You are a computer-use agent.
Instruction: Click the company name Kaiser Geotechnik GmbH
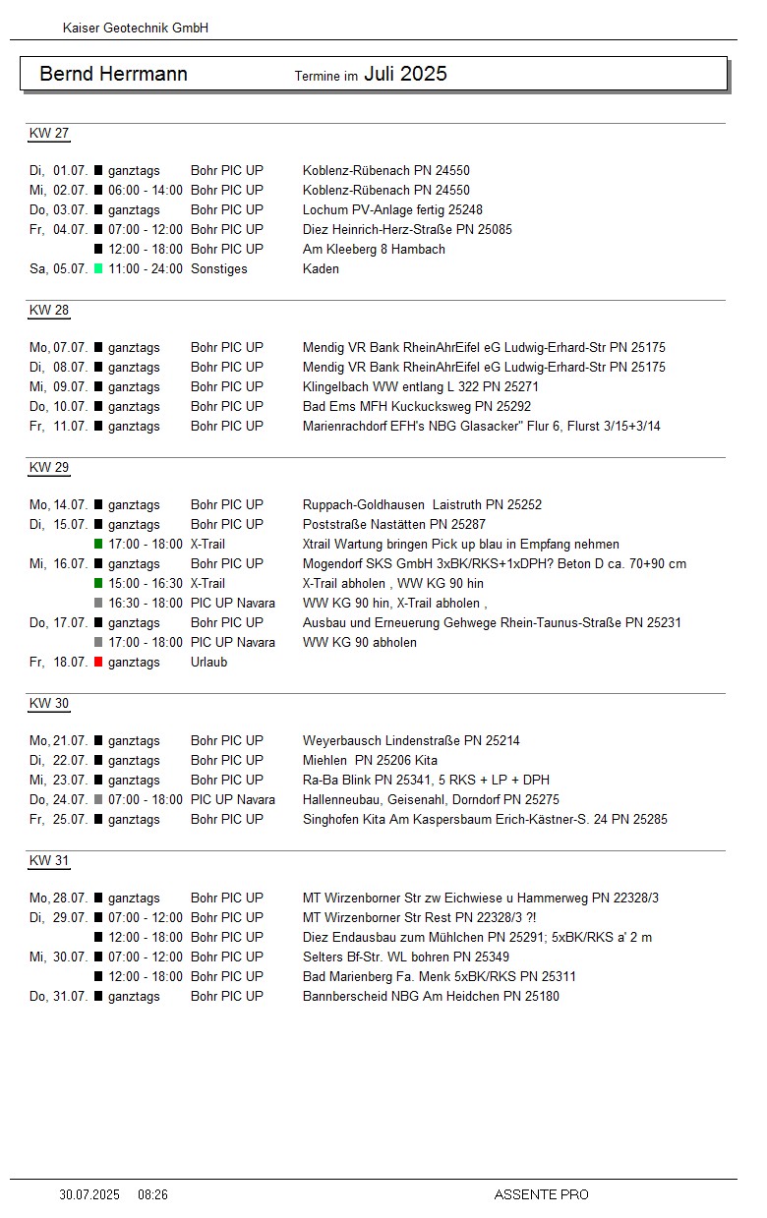(135, 29)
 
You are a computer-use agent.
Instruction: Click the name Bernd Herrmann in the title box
(113, 75)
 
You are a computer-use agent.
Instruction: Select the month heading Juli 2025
(405, 74)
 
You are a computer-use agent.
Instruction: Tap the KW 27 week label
(49, 134)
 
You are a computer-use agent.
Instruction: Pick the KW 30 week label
(49, 704)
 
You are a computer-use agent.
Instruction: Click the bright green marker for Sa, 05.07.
(98, 269)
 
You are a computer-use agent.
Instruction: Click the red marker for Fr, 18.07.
(98, 663)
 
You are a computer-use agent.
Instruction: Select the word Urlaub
(208, 663)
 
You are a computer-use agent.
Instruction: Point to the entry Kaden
(321, 269)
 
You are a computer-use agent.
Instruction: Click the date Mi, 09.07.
(58, 387)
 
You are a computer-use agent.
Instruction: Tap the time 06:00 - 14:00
(145, 191)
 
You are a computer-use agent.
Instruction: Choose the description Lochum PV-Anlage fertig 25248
(392, 210)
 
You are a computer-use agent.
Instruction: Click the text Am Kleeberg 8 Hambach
(374, 250)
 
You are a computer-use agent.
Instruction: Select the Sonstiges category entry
(218, 269)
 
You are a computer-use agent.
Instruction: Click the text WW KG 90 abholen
(359, 643)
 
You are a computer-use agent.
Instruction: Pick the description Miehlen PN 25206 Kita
(370, 761)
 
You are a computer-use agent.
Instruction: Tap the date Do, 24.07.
(58, 800)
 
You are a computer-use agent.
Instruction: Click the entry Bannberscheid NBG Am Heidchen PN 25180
(431, 997)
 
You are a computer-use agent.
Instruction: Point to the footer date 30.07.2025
(89, 1195)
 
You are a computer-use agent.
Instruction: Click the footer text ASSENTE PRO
(541, 1195)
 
